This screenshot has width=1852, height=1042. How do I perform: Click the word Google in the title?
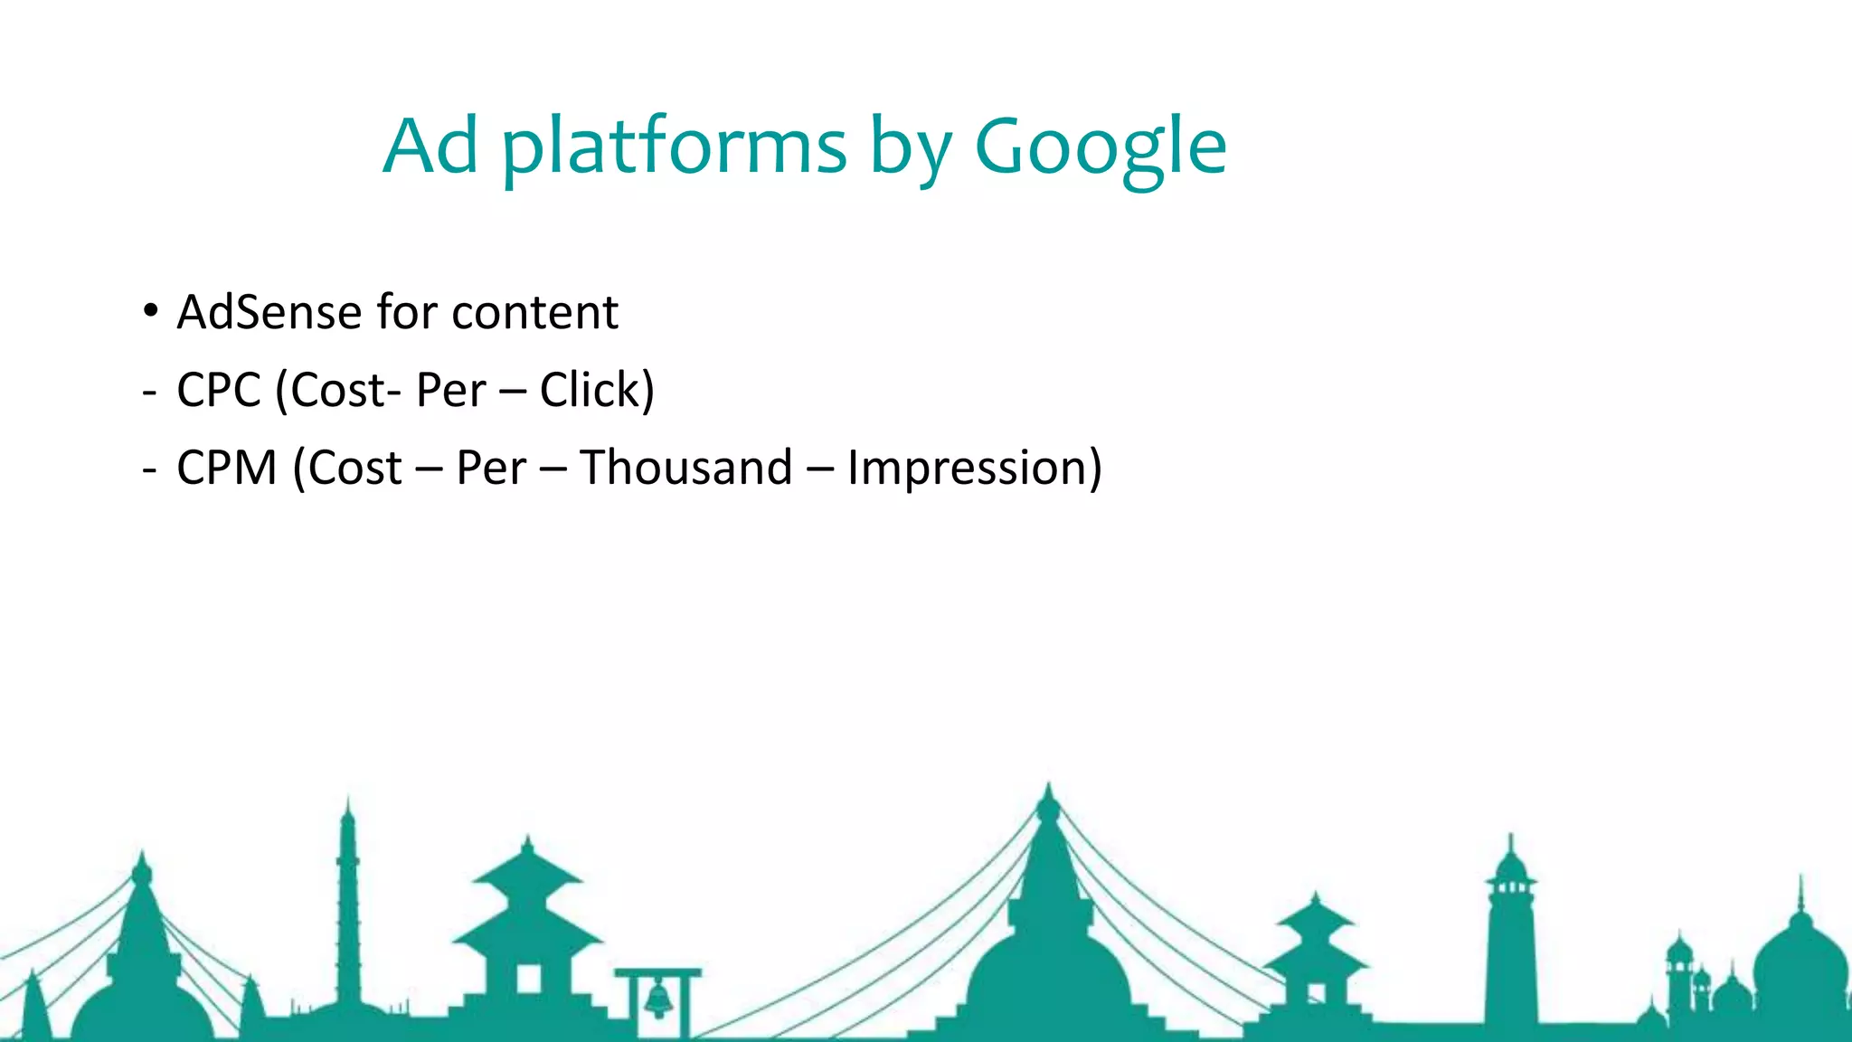point(1100,147)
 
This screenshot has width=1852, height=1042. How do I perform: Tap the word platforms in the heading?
point(674,147)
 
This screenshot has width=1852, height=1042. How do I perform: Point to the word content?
point(534,313)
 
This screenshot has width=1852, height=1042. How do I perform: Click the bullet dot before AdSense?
point(150,311)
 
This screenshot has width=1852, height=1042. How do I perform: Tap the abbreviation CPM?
point(226,469)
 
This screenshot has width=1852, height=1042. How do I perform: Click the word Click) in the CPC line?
point(597,391)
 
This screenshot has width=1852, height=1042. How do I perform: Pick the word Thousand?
point(685,469)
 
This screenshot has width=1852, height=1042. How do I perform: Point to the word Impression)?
point(974,469)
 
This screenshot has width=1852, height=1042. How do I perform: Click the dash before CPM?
point(149,470)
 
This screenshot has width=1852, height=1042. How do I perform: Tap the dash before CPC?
point(149,393)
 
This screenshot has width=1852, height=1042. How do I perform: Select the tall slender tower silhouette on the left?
point(348,905)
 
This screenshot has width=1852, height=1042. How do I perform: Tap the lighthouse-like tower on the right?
point(1509,932)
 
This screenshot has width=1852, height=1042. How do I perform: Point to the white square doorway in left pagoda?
point(528,979)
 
